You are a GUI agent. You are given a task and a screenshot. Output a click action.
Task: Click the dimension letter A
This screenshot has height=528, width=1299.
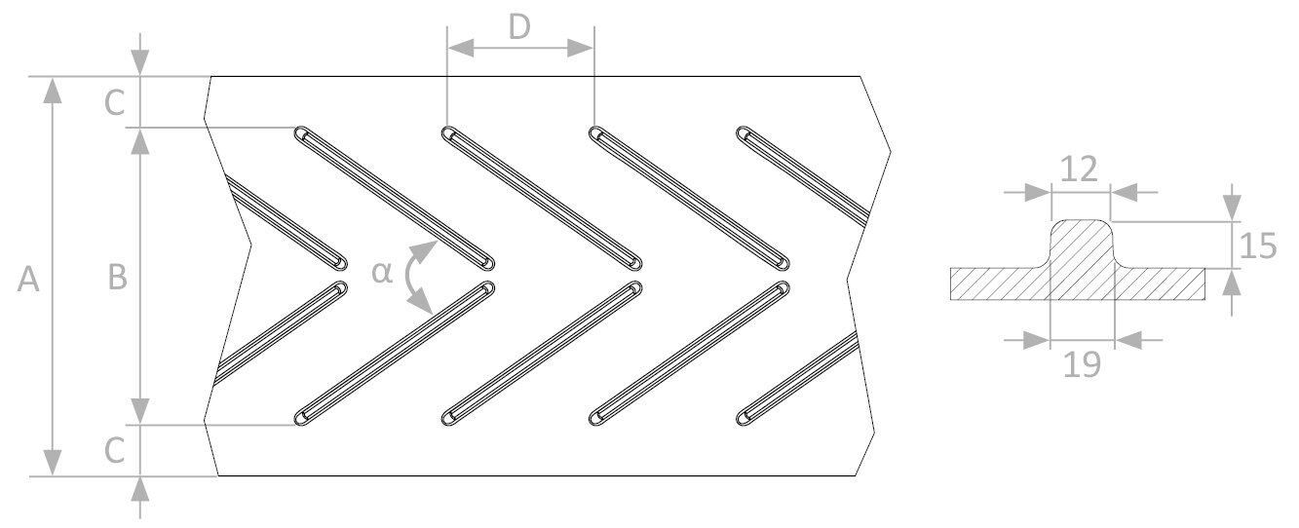click(x=28, y=280)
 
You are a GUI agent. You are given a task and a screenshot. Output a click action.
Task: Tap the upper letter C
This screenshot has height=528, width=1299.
click(x=114, y=103)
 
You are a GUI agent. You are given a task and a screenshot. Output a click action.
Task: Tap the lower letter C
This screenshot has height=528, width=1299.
click(x=114, y=450)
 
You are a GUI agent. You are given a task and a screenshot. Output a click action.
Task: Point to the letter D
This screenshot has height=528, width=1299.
click(x=519, y=26)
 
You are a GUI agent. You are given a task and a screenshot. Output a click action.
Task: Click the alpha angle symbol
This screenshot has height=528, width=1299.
click(x=382, y=273)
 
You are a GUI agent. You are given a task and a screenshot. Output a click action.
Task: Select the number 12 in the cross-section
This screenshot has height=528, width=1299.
click(x=1079, y=170)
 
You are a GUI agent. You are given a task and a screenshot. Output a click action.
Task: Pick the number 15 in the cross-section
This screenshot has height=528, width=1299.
click(x=1257, y=245)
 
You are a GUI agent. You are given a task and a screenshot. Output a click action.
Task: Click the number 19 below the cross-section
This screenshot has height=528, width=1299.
click(x=1082, y=365)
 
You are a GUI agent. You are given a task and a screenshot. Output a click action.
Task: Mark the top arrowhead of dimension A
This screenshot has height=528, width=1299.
click(x=53, y=91)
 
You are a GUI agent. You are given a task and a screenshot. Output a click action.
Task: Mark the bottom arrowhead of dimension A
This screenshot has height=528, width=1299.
click(x=53, y=462)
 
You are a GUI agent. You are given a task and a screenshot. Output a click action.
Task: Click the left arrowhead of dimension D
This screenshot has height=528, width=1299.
click(x=461, y=48)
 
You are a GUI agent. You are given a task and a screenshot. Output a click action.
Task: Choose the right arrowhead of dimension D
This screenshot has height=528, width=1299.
click(x=579, y=48)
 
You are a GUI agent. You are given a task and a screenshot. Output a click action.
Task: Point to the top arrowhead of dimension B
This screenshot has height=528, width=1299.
click(x=139, y=141)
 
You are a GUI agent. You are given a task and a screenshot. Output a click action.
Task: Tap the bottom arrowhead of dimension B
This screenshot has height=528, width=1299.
click(x=139, y=411)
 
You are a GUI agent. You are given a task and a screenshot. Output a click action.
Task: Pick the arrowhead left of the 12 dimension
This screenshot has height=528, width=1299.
click(x=1038, y=193)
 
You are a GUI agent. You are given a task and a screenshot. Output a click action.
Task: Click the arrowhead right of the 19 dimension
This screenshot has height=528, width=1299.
click(x=1128, y=340)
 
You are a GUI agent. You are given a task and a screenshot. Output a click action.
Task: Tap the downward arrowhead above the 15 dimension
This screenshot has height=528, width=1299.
click(x=1233, y=207)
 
